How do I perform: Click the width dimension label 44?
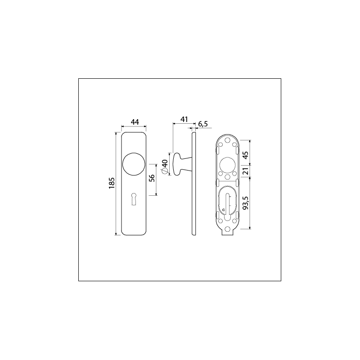(134, 122)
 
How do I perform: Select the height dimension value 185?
(112, 183)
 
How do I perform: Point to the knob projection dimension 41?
(184, 119)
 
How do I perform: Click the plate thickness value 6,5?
(203, 124)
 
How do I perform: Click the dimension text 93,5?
(245, 203)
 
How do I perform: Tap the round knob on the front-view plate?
(134, 165)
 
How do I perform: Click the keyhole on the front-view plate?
(134, 198)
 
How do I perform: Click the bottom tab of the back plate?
(228, 232)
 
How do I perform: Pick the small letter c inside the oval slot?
(223, 210)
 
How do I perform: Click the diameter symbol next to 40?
(165, 171)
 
